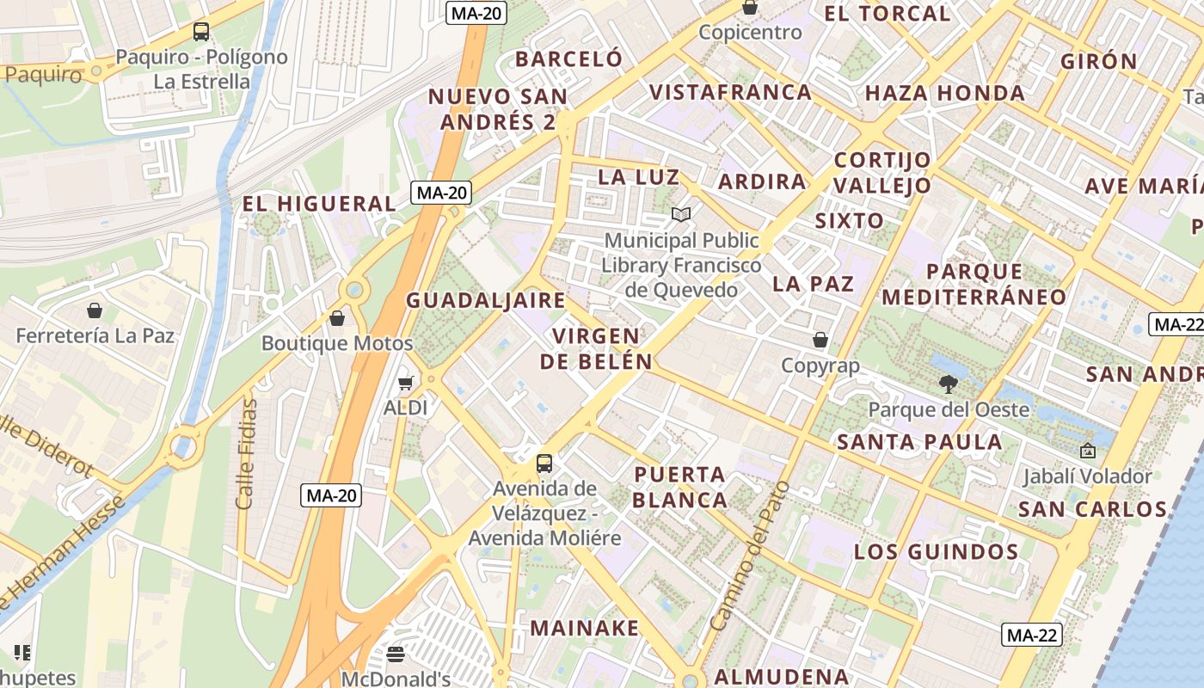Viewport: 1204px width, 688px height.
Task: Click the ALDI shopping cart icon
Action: pyautogui.click(x=405, y=383)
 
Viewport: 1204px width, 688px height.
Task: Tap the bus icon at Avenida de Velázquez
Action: pyautogui.click(x=544, y=464)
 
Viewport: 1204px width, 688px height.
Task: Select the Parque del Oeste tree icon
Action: pyautogui.click(x=949, y=384)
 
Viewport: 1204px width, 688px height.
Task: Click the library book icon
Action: pyautogui.click(x=681, y=214)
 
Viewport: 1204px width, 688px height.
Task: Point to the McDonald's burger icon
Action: pyautogui.click(x=396, y=654)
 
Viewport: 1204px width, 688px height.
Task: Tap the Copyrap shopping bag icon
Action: pyautogui.click(x=820, y=341)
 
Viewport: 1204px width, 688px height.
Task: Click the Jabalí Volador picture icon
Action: pyautogui.click(x=1087, y=451)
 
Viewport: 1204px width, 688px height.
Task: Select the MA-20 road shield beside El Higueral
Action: pyautogui.click(x=442, y=193)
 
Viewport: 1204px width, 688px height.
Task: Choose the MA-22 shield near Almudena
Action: pyautogui.click(x=1031, y=636)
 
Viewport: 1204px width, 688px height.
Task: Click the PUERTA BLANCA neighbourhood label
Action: pyautogui.click(x=680, y=487)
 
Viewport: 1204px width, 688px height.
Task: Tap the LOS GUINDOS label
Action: pyautogui.click(x=936, y=551)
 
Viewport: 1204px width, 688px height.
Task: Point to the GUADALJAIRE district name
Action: pyautogui.click(x=486, y=300)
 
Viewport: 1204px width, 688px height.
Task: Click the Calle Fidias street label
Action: pyautogui.click(x=246, y=453)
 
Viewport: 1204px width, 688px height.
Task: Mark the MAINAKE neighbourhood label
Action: pyautogui.click(x=585, y=628)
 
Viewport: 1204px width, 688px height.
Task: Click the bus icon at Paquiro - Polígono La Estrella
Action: pyautogui.click(x=201, y=32)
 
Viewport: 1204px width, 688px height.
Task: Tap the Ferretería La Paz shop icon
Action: pyautogui.click(x=95, y=310)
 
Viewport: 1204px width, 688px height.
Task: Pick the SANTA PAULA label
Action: pyautogui.click(x=919, y=442)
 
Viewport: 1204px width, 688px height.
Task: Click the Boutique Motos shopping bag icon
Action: pyautogui.click(x=337, y=318)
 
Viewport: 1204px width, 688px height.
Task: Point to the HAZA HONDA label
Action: pyautogui.click(x=944, y=93)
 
